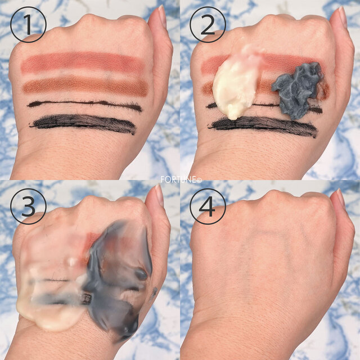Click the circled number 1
click(x=28, y=24)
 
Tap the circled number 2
click(x=208, y=24)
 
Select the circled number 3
click(x=28, y=206)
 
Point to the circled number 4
click(x=208, y=206)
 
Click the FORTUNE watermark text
click(x=181, y=179)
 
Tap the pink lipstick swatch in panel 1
click(x=83, y=62)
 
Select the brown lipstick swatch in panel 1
click(x=85, y=85)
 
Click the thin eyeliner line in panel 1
click(x=84, y=105)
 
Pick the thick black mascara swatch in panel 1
click(x=83, y=124)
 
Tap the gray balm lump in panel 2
click(x=298, y=91)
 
